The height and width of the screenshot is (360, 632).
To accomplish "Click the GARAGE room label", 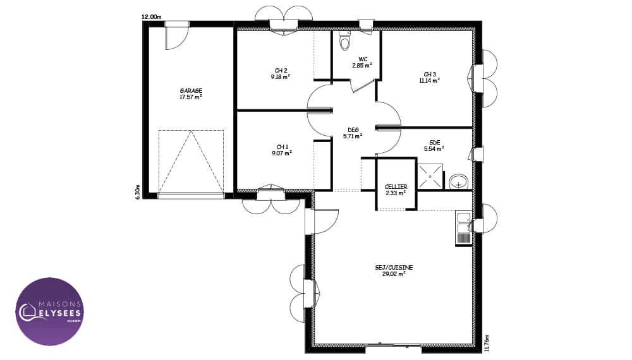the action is tap(191, 90).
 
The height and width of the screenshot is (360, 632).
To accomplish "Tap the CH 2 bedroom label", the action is tap(281, 71).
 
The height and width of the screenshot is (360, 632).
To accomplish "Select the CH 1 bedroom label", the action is tap(282, 147).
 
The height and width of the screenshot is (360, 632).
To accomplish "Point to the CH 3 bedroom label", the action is tap(430, 74).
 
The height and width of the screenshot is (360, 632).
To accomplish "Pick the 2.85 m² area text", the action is tap(362, 65).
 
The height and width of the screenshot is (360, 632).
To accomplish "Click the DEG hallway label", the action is tap(353, 129).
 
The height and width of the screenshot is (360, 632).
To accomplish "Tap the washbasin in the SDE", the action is tap(458, 181).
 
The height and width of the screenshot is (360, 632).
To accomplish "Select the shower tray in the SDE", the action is tap(430, 176).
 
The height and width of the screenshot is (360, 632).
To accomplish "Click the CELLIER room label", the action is tap(396, 187).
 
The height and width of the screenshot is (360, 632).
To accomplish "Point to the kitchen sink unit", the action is tap(463, 228).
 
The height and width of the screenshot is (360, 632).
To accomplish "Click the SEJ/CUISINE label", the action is tap(394, 267).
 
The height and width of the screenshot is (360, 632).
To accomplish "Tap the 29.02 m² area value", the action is tap(394, 274).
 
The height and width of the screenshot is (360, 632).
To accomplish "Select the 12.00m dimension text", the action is tap(151, 16).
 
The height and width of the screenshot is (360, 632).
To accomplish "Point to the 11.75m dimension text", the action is tap(487, 343).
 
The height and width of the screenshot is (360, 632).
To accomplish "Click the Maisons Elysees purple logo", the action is tap(49, 311).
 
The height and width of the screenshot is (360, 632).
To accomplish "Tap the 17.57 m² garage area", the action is tap(191, 97).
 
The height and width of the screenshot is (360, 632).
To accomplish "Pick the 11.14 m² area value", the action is tap(430, 81).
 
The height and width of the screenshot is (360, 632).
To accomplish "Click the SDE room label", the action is tap(435, 142).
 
